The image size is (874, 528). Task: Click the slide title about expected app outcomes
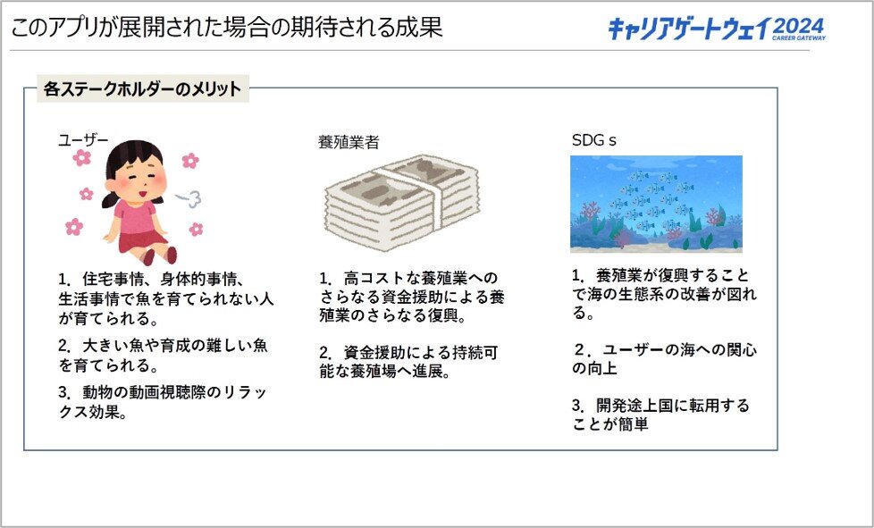pos(226,27)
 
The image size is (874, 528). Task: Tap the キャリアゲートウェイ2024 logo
pos(716,29)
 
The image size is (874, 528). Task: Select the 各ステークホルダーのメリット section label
pos(143,89)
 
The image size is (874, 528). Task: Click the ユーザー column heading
pos(83,140)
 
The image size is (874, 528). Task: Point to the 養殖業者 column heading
pos(349,142)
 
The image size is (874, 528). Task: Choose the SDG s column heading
pos(594,140)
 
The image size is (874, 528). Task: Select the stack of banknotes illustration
pos(402,201)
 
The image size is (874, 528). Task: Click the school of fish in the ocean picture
pos(652,200)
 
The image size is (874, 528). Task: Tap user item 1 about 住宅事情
pos(166,298)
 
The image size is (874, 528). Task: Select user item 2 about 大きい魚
pos(163,356)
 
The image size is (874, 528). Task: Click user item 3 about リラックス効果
pos(163,403)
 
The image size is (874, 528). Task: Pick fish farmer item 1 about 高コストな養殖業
pos(412,297)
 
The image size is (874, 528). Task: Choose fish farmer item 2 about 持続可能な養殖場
pos(408,362)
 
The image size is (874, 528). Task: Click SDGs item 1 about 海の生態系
pos(664,294)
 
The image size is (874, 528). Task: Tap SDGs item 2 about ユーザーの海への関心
pos(664,358)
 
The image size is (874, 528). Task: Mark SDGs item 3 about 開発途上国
pos(660,415)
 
